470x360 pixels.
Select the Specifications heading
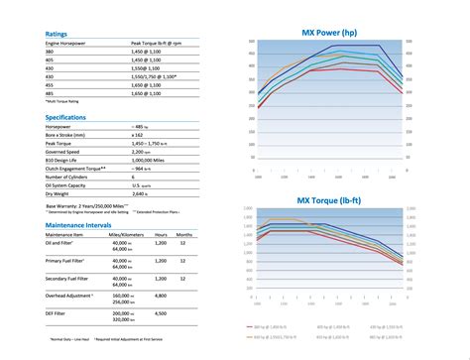[x=70, y=117]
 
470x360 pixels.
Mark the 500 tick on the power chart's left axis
[x=253, y=43]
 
